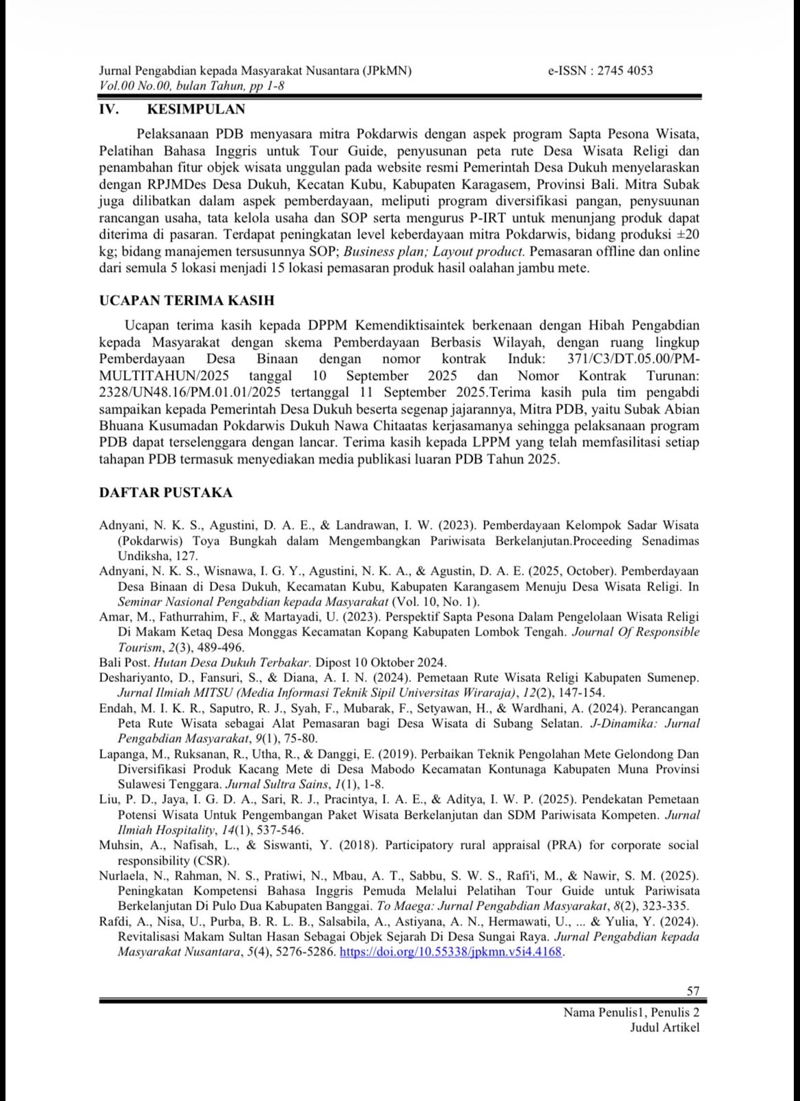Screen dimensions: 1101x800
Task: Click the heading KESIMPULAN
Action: (196, 109)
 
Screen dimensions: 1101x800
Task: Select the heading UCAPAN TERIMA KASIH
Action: (187, 301)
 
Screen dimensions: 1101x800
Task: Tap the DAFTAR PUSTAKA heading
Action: (166, 493)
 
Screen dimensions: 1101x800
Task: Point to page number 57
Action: (693, 991)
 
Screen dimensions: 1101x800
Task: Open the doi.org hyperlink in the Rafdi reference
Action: (451, 952)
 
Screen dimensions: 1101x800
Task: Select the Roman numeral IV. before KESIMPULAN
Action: (109, 109)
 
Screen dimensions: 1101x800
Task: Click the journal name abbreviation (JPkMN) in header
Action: (387, 70)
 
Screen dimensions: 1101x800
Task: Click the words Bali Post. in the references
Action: (124, 663)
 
